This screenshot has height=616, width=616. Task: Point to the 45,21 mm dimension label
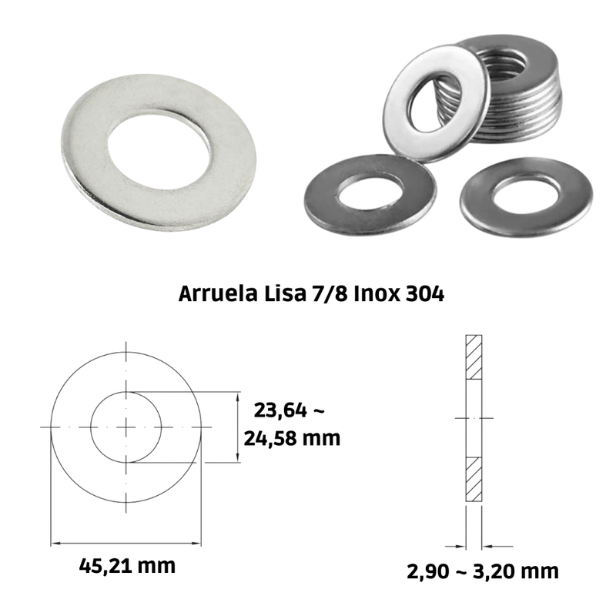click(127, 566)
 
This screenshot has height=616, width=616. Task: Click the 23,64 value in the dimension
click(280, 410)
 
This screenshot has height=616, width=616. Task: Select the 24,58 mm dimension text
click(292, 438)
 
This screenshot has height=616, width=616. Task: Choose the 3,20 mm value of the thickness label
click(516, 571)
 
